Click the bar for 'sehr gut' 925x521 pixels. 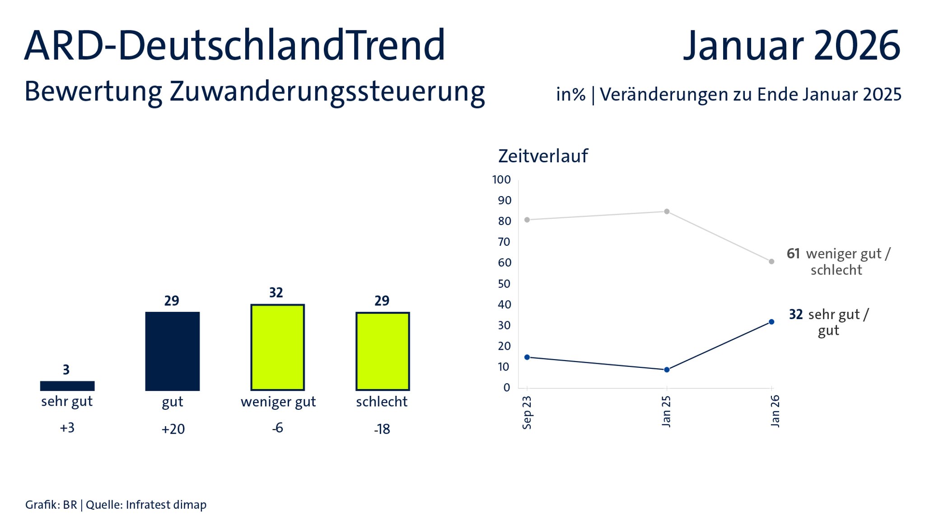67,385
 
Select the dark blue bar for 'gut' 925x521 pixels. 172,351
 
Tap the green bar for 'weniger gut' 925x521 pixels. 277,347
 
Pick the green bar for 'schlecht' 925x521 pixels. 383,351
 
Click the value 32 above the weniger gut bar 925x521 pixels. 276,293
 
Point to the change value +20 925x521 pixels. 173,429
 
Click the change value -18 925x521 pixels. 382,429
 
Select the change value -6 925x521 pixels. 277,427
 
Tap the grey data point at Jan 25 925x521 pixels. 667,211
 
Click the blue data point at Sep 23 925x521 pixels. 527,357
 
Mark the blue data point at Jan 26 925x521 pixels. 771,322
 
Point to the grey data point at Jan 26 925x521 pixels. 771,262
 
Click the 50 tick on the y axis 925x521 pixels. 504,284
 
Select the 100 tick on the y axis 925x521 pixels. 501,180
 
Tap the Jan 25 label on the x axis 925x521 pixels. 666,411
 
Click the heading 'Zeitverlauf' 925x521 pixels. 543,156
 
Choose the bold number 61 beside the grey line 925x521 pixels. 793,253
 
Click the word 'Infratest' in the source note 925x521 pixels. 146,505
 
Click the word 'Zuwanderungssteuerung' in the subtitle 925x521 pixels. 327,92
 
